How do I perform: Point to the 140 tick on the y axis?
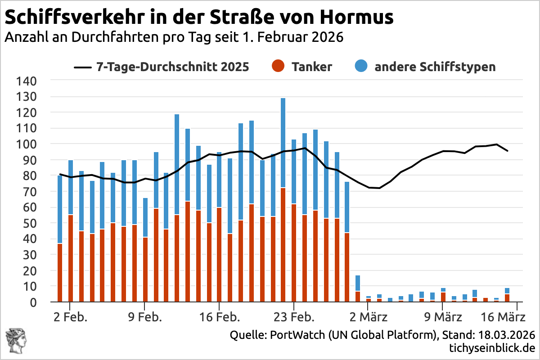click(x=28, y=81)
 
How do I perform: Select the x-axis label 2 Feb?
click(x=70, y=317)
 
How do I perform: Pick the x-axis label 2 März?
click(x=368, y=317)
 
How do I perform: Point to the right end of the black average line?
click(x=508, y=151)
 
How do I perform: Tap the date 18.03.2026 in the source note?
click(x=506, y=335)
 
